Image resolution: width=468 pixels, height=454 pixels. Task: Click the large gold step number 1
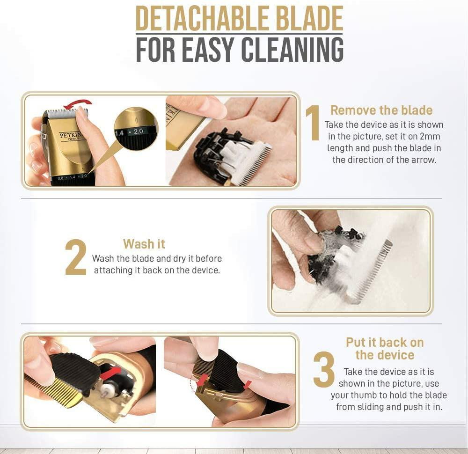313,123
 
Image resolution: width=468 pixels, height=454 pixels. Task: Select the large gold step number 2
76,257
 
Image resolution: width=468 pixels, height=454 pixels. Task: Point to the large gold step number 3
324,370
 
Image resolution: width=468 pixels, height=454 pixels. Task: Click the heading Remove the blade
381,110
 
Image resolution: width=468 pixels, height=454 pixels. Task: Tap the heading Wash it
144,244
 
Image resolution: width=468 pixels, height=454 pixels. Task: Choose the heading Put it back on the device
384,349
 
